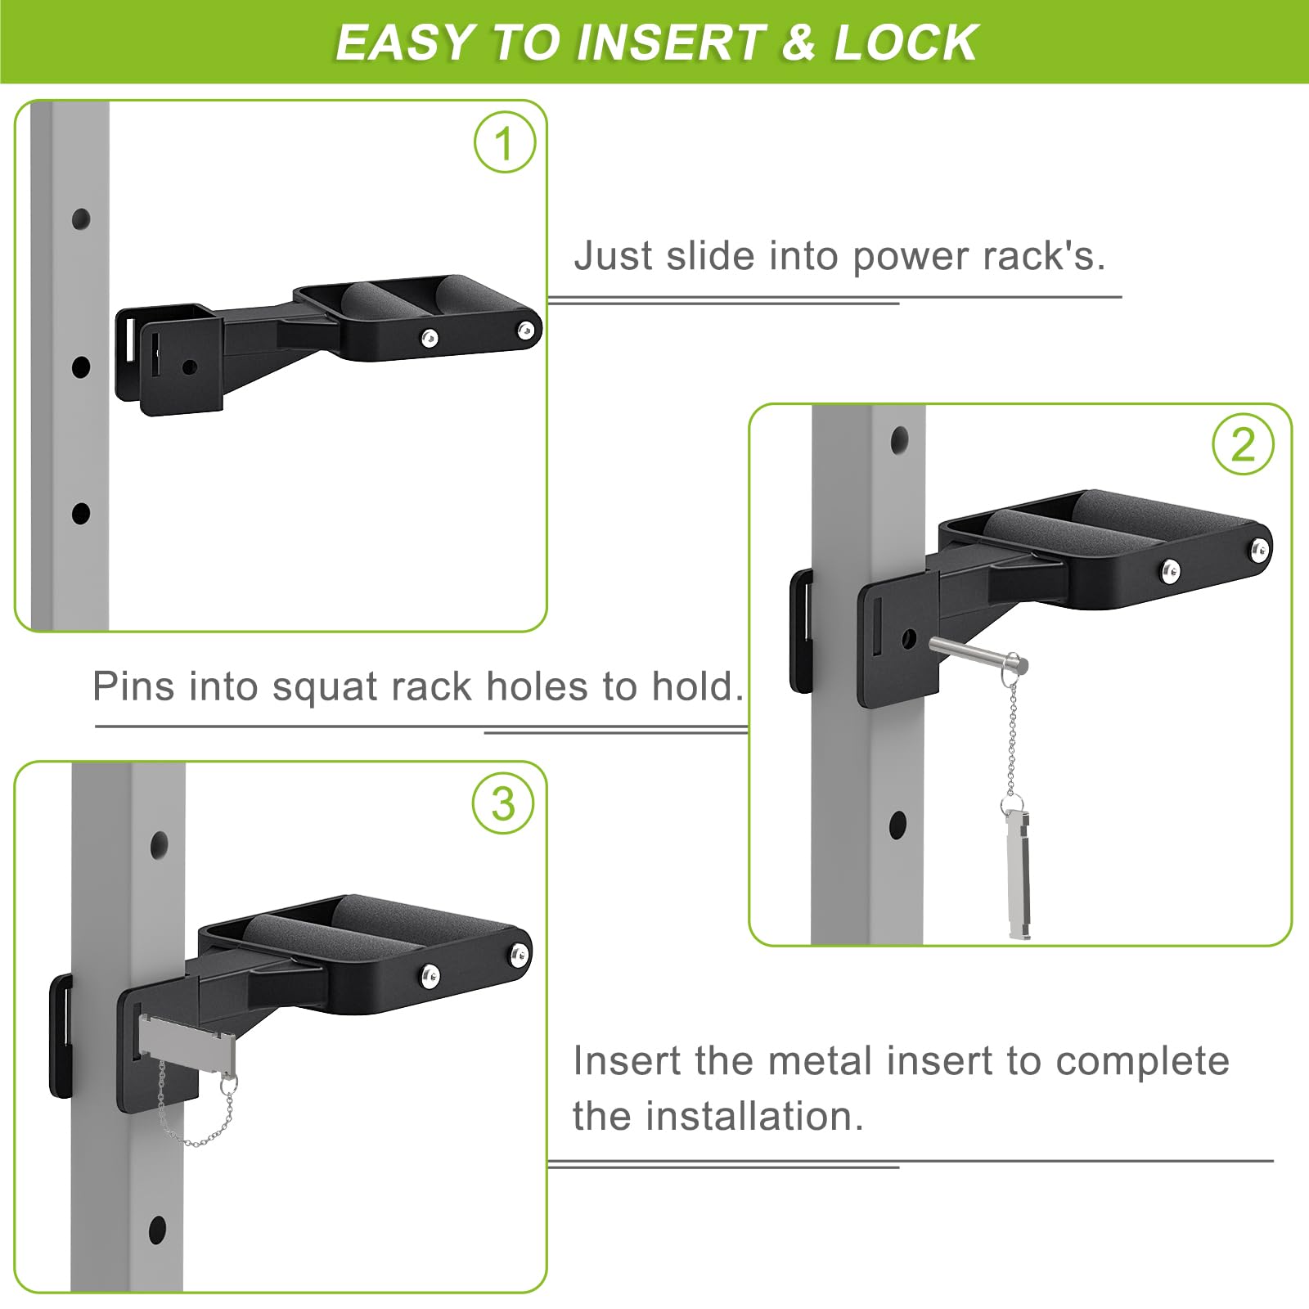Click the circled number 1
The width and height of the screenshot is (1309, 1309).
(505, 142)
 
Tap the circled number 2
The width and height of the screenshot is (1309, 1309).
(1243, 445)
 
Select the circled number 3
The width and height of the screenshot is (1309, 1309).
(503, 803)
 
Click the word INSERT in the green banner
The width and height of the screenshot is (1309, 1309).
(668, 43)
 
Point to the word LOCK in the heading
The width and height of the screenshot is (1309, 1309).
(906, 43)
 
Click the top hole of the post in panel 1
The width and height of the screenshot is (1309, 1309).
(81, 219)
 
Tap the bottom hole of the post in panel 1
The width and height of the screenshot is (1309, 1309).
(81, 514)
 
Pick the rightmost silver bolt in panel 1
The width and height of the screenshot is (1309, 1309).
(525, 330)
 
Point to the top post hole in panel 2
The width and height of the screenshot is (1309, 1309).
(899, 440)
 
